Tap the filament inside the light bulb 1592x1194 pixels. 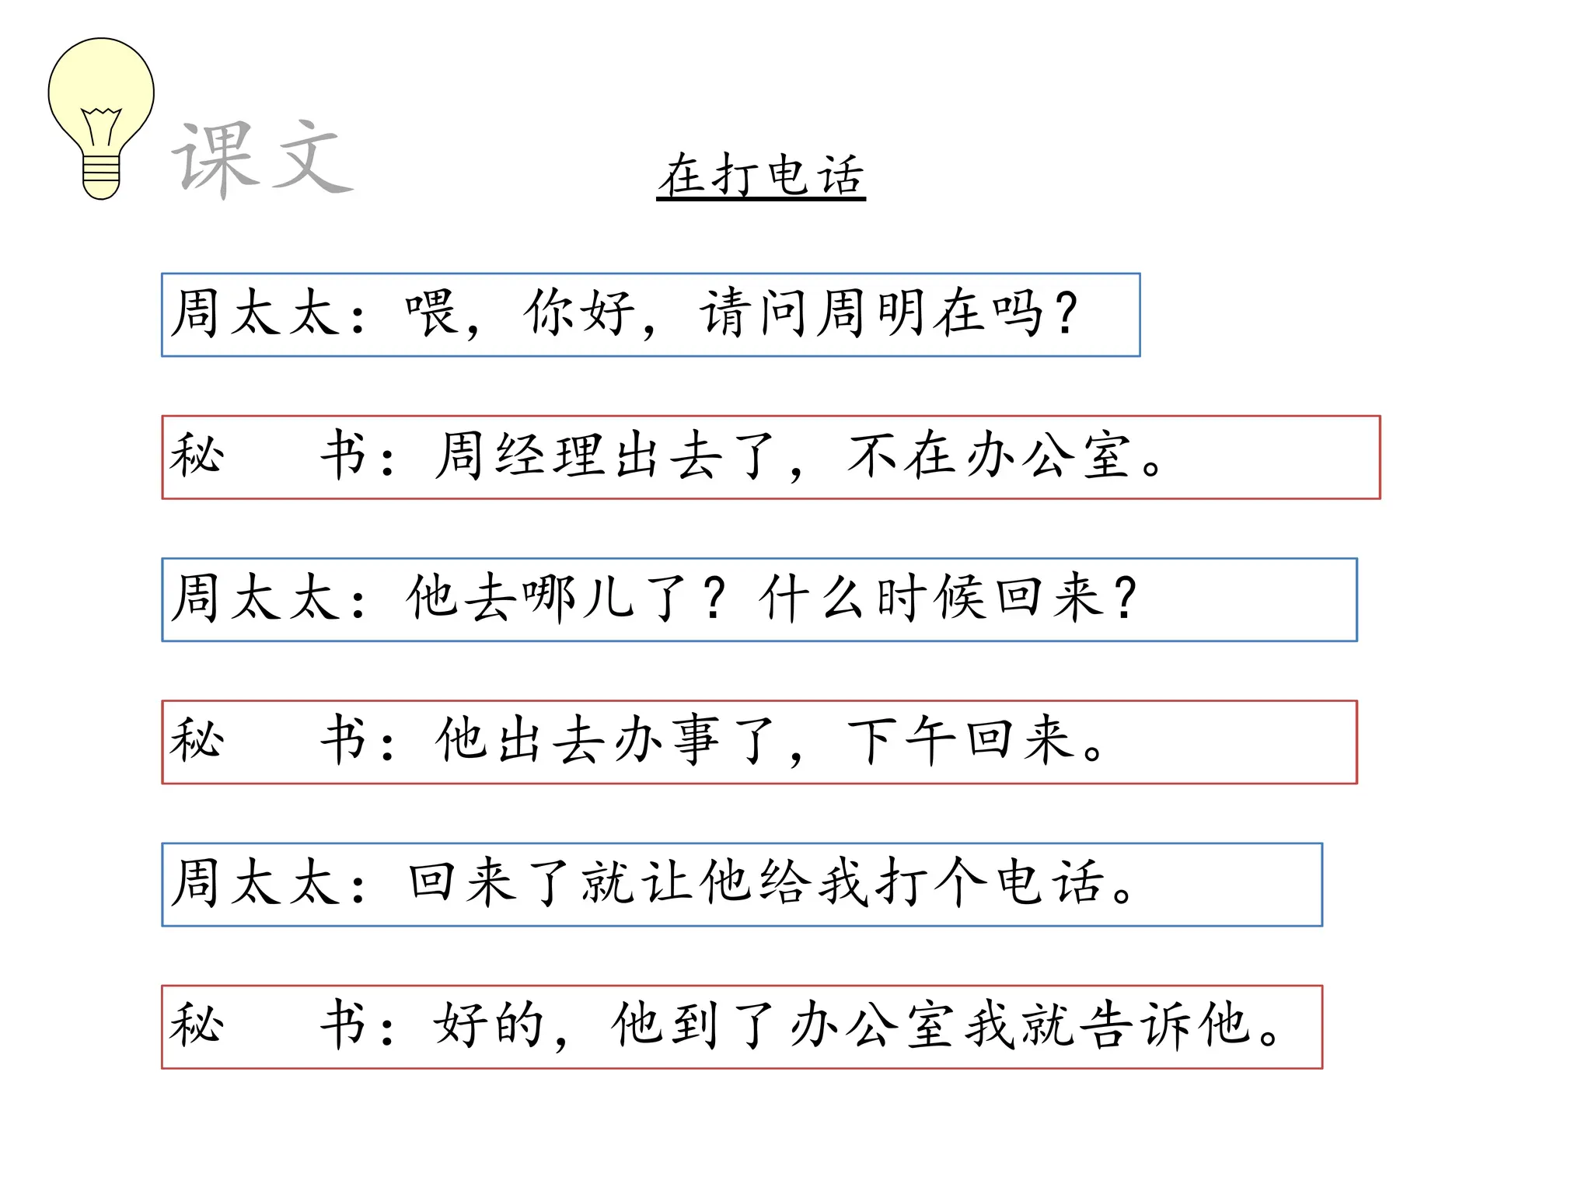(x=101, y=124)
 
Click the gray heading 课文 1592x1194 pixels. (x=261, y=159)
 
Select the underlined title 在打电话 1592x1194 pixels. (x=761, y=175)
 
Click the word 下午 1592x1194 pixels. (x=902, y=740)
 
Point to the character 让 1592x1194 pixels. (x=668, y=883)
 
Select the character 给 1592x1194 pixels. (x=784, y=883)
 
